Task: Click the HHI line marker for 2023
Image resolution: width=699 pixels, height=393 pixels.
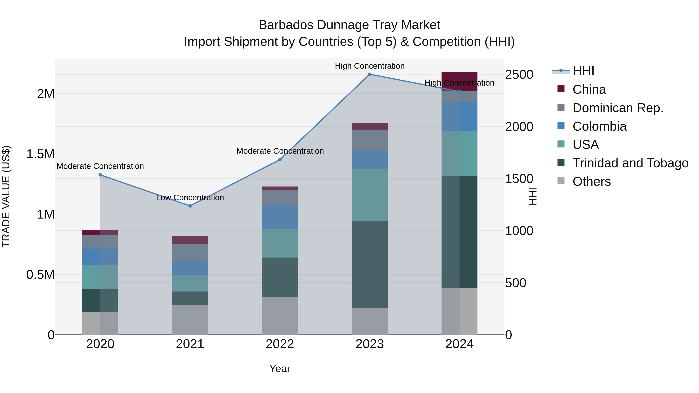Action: pyautogui.click(x=369, y=74)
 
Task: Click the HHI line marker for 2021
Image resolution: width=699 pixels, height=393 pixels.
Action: pyautogui.click(x=190, y=206)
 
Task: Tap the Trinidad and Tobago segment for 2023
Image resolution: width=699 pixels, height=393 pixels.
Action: pyautogui.click(x=369, y=265)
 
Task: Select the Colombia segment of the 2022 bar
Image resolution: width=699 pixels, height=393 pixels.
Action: pyautogui.click(x=280, y=217)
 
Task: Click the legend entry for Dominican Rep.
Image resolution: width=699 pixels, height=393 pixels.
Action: pyautogui.click(x=618, y=108)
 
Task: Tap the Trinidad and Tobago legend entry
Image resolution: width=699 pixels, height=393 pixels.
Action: pyautogui.click(x=630, y=163)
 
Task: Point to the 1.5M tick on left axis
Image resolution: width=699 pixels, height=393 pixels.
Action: pyautogui.click(x=40, y=154)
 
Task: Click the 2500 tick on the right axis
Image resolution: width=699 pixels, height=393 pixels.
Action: pyautogui.click(x=519, y=75)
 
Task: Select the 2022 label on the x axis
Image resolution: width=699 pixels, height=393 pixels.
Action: pyautogui.click(x=280, y=344)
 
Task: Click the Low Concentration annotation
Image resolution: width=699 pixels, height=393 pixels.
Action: pyautogui.click(x=190, y=197)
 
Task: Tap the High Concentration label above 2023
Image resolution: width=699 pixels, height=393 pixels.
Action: pyautogui.click(x=369, y=66)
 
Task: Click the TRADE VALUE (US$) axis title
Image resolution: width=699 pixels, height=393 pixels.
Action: pyautogui.click(x=6, y=196)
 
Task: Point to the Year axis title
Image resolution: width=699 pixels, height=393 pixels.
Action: pyautogui.click(x=280, y=369)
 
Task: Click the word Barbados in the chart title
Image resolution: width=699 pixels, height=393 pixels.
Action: pyautogui.click(x=286, y=25)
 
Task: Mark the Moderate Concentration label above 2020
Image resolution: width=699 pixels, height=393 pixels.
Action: pyautogui.click(x=100, y=166)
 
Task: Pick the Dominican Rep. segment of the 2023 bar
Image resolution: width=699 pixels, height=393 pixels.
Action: pyautogui.click(x=369, y=140)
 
